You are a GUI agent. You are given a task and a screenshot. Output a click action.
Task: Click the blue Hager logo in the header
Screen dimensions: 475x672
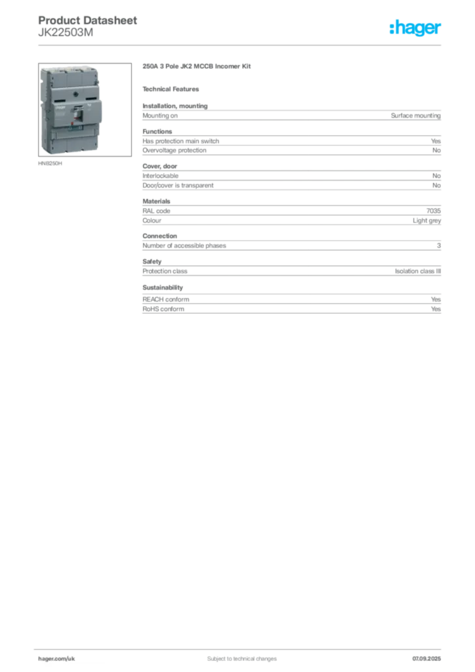(417, 29)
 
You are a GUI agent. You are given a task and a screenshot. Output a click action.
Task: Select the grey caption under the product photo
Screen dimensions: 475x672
(50, 164)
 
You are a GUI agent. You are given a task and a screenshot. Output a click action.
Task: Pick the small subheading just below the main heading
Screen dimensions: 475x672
(173, 89)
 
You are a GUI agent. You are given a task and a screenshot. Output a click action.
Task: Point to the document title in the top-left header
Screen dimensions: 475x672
(89, 20)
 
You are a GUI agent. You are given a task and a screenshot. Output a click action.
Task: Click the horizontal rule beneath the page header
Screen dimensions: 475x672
(241, 45)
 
